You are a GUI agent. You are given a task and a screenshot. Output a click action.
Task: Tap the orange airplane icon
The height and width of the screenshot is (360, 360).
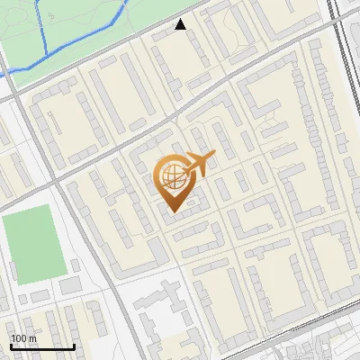(199, 163)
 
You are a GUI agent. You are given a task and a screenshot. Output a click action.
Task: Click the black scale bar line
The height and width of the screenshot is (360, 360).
(42, 346)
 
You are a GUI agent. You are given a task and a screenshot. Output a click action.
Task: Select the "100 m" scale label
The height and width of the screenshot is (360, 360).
(23, 338)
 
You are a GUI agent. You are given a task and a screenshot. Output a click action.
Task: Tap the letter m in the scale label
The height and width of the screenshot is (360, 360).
(31, 338)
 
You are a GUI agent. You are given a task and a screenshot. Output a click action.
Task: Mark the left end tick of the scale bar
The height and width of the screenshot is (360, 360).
(11, 345)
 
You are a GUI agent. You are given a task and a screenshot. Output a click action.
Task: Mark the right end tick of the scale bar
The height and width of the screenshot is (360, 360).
(74, 345)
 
